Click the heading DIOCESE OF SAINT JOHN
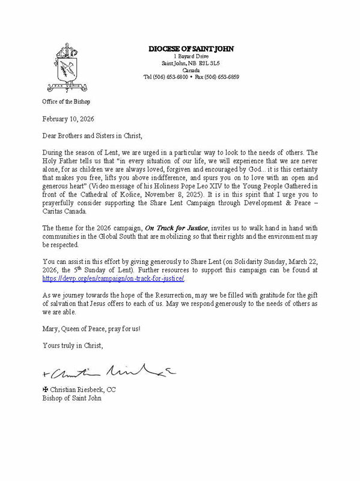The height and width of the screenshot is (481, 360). click(190, 49)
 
